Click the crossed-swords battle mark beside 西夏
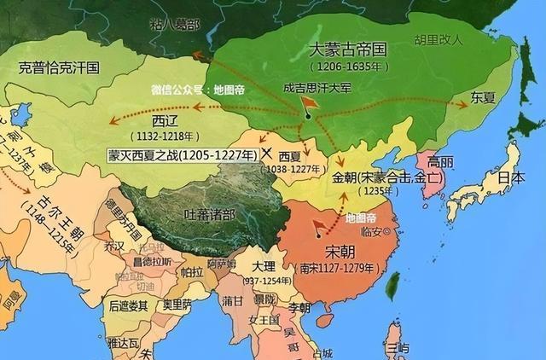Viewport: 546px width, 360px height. point(268,154)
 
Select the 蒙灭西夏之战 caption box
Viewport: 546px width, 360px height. point(182,154)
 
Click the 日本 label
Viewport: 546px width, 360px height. point(511,178)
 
